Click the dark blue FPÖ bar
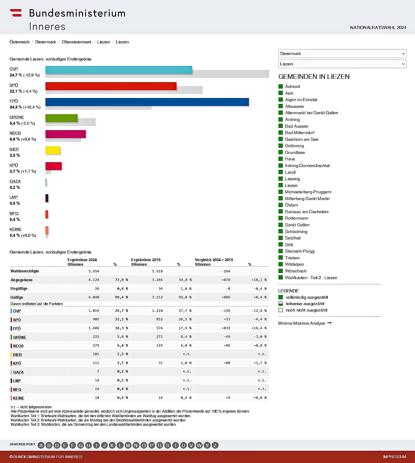click(x=147, y=102)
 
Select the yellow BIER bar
click(x=53, y=150)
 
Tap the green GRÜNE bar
click(x=61, y=118)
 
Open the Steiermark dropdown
click(x=342, y=53)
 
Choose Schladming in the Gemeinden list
click(x=296, y=231)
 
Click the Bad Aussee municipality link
click(x=296, y=126)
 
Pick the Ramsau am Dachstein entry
click(x=306, y=212)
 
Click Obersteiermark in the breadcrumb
click(x=76, y=42)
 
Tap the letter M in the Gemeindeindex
click(x=128, y=445)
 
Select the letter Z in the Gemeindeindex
click(x=215, y=445)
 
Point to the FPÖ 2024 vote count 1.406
click(x=94, y=328)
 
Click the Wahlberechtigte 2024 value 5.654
click(x=94, y=271)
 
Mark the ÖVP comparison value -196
click(x=226, y=311)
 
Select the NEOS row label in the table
click(x=18, y=346)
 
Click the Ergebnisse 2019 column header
click(x=146, y=260)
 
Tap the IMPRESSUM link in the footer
click(x=395, y=457)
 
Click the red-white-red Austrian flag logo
click(x=16, y=13)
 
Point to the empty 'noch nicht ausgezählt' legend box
click(x=281, y=310)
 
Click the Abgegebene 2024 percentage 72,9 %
click(x=121, y=280)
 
